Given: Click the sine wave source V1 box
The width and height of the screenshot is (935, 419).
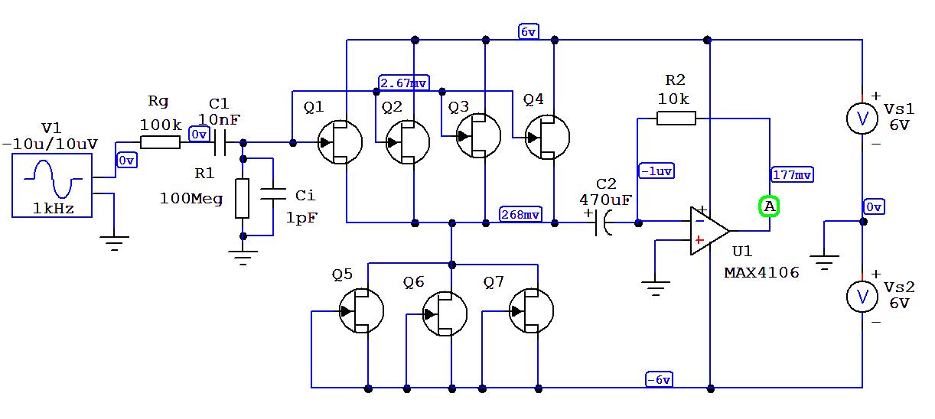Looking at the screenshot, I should (x=52, y=184).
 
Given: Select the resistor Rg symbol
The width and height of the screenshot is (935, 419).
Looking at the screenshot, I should (x=160, y=141).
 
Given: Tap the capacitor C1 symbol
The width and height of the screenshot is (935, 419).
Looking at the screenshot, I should (x=222, y=141).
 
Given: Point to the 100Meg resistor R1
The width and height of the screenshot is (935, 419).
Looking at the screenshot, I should (x=243, y=198).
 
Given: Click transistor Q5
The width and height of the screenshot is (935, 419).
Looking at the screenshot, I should (x=361, y=311).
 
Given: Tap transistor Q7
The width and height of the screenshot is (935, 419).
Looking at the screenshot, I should (x=532, y=311).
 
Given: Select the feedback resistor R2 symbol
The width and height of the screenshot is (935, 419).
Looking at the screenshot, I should (x=676, y=118).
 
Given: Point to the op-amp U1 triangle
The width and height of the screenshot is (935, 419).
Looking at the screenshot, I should (x=709, y=230).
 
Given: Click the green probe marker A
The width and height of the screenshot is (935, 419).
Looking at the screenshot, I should (x=769, y=206).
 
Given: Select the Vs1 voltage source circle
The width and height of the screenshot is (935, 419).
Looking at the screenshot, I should (x=862, y=118).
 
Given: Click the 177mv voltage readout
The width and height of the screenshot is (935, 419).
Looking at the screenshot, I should (x=792, y=175).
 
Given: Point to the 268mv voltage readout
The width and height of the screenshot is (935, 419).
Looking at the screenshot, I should (x=520, y=215).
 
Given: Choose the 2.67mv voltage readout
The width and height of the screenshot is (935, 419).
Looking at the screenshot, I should (x=404, y=83).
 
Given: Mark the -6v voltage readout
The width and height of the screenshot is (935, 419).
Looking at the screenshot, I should (x=659, y=380).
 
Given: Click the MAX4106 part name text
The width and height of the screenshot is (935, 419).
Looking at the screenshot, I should (x=761, y=272).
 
